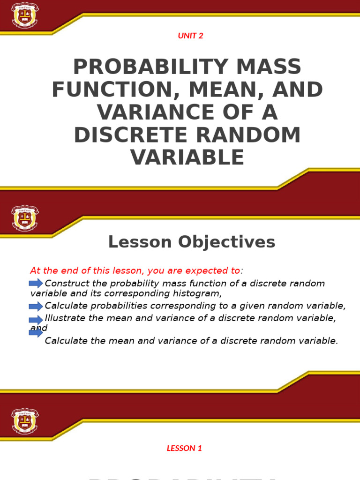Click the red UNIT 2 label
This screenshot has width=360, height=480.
pyautogui.click(x=190, y=36)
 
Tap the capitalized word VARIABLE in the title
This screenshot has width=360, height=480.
pyautogui.click(x=187, y=157)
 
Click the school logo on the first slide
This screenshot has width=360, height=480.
pyautogui.click(x=25, y=15)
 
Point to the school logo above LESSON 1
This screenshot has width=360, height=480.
pyautogui.click(x=25, y=420)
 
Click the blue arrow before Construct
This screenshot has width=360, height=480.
pyautogui.click(x=36, y=283)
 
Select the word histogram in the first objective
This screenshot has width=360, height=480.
pyautogui.click(x=196, y=294)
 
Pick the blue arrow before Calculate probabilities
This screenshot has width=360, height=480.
pyautogui.click(x=36, y=307)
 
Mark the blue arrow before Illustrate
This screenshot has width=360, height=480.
pyautogui.click(x=36, y=319)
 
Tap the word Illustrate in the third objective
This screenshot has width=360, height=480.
pyautogui.click(x=65, y=318)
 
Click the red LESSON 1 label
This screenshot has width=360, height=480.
pyautogui.click(x=184, y=448)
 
